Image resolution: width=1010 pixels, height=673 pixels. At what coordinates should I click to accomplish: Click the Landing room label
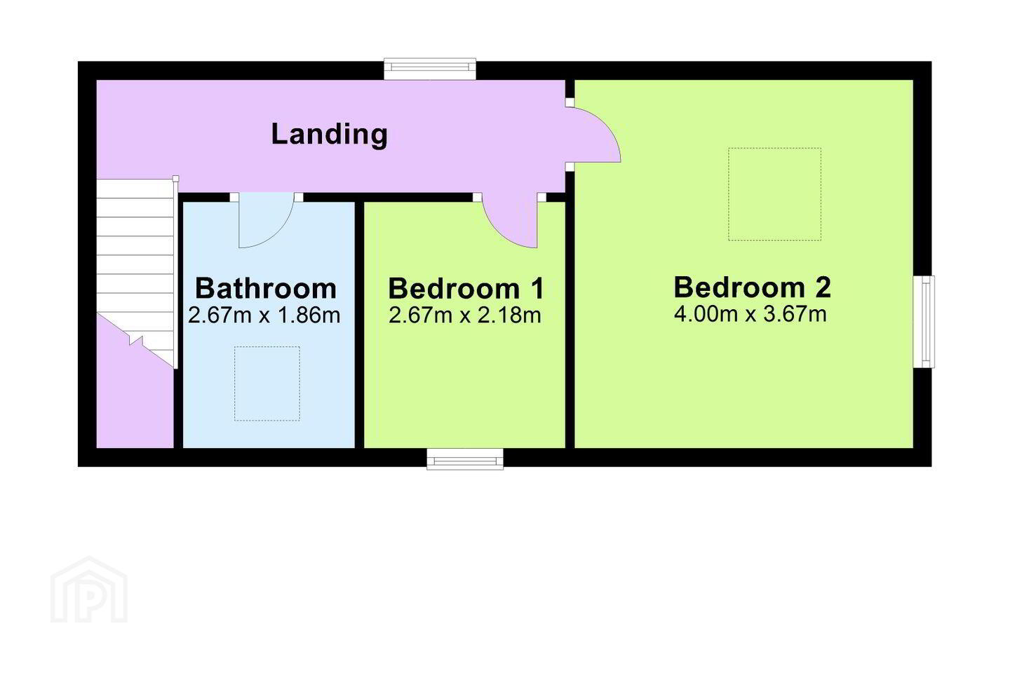coord(329,134)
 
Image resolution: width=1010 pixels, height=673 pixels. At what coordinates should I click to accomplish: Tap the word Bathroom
coord(266,288)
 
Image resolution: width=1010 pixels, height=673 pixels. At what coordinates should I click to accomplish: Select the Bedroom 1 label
coord(466,288)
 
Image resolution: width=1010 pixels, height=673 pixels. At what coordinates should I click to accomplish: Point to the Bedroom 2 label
coord(752,287)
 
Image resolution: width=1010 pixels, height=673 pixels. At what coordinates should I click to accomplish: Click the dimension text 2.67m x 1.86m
coord(264,315)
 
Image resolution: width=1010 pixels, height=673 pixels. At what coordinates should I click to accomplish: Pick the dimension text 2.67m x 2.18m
coord(465,315)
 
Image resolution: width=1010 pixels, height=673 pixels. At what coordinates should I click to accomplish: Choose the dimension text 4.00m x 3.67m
coord(750,314)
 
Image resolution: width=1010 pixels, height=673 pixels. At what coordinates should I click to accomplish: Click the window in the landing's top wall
coord(430,69)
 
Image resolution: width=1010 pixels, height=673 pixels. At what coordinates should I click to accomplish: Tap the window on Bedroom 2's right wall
coord(924,322)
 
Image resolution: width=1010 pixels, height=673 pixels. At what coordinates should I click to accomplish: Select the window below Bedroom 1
coord(465,459)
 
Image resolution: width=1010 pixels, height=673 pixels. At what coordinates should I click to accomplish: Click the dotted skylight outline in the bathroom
coord(267,383)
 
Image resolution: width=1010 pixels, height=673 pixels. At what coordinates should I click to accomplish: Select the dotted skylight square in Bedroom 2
coord(774,193)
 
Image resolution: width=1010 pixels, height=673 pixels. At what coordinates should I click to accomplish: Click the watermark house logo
coord(89,590)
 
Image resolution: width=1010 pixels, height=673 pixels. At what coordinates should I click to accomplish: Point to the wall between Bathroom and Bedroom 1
coord(359,325)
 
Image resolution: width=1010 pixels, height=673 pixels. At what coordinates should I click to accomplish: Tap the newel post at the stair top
coord(176,179)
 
